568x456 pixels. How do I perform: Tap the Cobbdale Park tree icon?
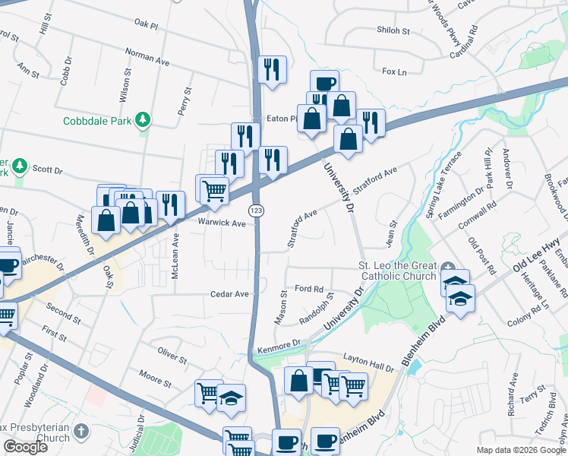(x=141, y=120)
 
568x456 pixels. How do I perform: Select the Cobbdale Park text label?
(x=97, y=121)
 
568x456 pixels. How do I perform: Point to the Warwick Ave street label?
(x=222, y=223)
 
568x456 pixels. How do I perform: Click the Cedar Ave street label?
(x=230, y=294)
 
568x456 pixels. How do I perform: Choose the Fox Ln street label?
(x=395, y=72)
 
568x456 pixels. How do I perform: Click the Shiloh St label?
(x=393, y=31)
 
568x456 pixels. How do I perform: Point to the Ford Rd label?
(x=309, y=289)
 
